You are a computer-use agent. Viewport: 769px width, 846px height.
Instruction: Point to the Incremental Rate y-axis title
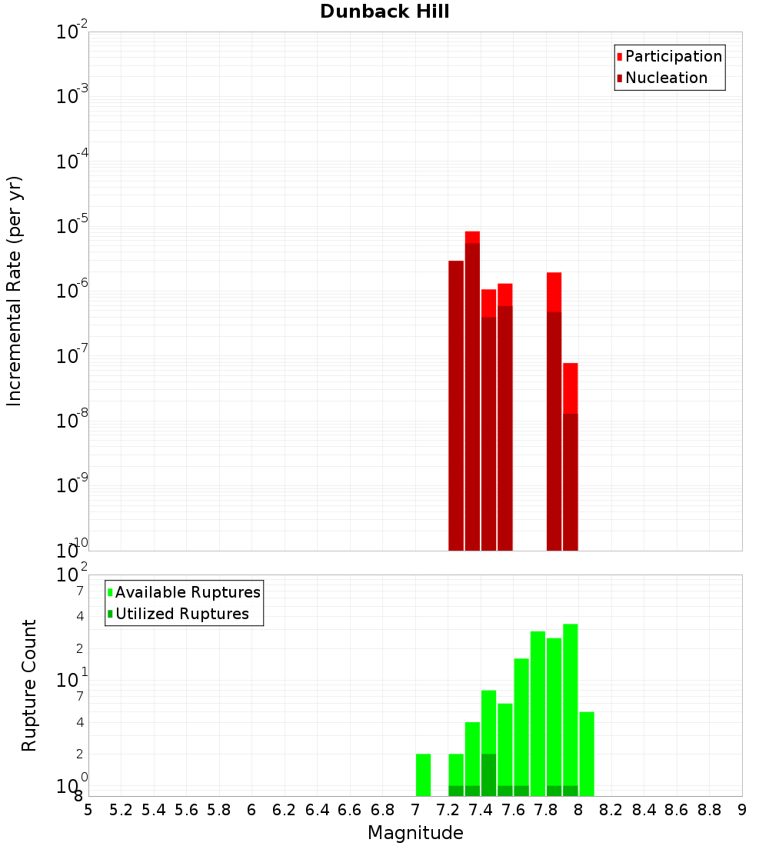click(x=15, y=291)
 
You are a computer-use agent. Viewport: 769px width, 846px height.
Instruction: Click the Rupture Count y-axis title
click(x=29, y=685)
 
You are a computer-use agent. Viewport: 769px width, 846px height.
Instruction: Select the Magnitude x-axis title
click(x=415, y=833)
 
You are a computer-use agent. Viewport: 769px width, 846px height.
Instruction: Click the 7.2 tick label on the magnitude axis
click(x=448, y=810)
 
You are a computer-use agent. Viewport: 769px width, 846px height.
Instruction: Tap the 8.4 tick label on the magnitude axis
click(x=644, y=810)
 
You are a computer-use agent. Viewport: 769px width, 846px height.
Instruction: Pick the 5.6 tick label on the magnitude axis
click(x=186, y=810)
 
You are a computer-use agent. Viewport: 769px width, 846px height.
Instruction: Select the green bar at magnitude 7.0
click(x=423, y=774)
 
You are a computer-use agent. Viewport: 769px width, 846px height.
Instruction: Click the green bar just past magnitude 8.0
click(x=587, y=754)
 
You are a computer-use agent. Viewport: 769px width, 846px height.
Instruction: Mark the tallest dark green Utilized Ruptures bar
click(x=488, y=774)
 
